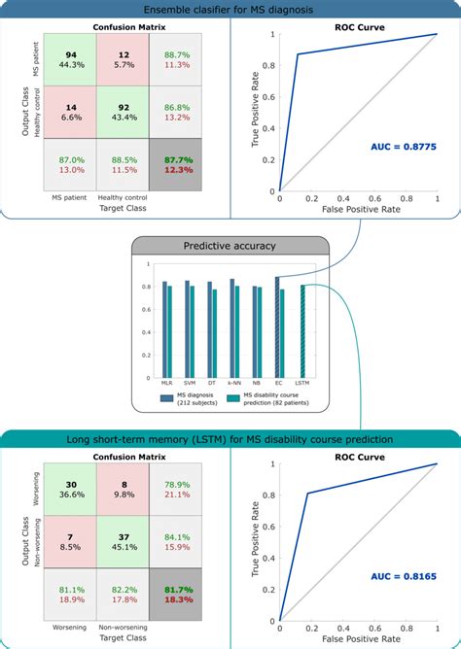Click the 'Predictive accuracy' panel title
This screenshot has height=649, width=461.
coord(230,246)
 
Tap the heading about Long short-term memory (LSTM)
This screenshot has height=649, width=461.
coord(230,439)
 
